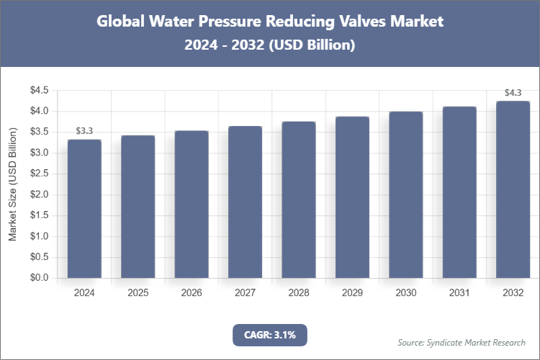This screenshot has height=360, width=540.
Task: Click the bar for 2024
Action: point(84,209)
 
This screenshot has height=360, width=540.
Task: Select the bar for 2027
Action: point(246,202)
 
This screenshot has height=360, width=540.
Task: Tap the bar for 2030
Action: point(406,195)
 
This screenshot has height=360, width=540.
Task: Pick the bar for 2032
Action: point(513,190)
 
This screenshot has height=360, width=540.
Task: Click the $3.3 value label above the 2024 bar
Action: point(84,130)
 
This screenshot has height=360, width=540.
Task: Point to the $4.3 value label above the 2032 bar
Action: point(513,92)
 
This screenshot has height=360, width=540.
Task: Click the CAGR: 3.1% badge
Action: point(270,334)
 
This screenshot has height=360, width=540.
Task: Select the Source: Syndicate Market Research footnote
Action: point(462,342)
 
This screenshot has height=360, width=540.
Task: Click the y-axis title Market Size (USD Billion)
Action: point(12,184)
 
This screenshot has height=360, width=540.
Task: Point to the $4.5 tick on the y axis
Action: point(38,91)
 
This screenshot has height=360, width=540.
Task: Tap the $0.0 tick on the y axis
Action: point(38,278)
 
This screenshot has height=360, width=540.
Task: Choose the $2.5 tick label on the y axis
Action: point(38,174)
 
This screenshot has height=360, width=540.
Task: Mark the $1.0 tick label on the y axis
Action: point(38,236)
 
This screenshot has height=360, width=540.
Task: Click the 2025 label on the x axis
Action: point(138,293)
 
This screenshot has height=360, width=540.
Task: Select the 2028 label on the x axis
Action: point(299,293)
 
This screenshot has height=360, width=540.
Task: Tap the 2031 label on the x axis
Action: point(459,293)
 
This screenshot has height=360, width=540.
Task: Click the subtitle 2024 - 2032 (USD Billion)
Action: point(270,45)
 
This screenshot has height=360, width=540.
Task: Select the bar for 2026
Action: point(192,204)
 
